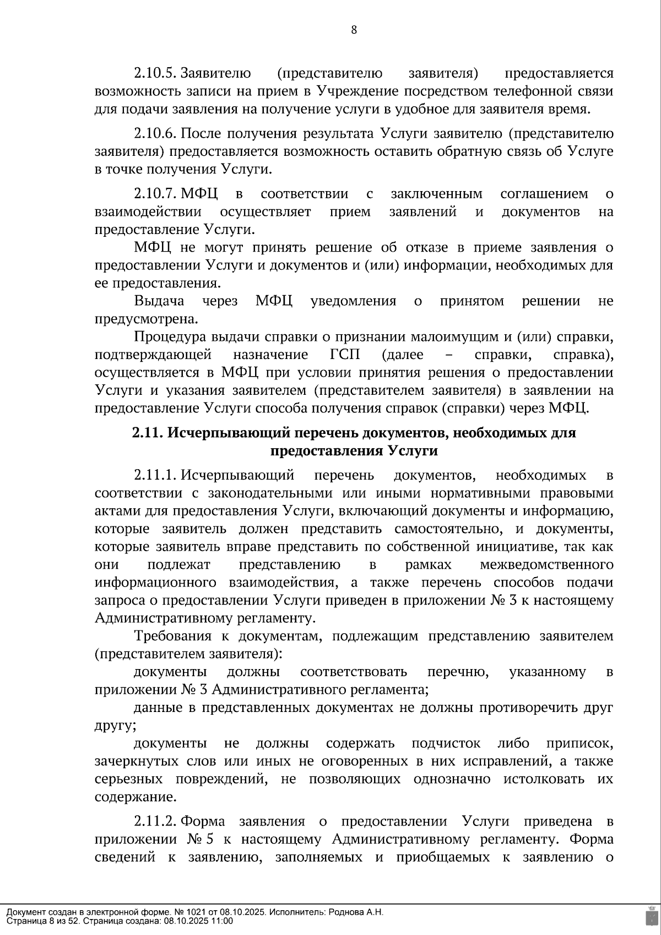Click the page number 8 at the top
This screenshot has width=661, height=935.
354,30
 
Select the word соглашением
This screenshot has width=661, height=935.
544,194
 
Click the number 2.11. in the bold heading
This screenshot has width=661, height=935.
148,433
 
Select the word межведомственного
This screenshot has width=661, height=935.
546,565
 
